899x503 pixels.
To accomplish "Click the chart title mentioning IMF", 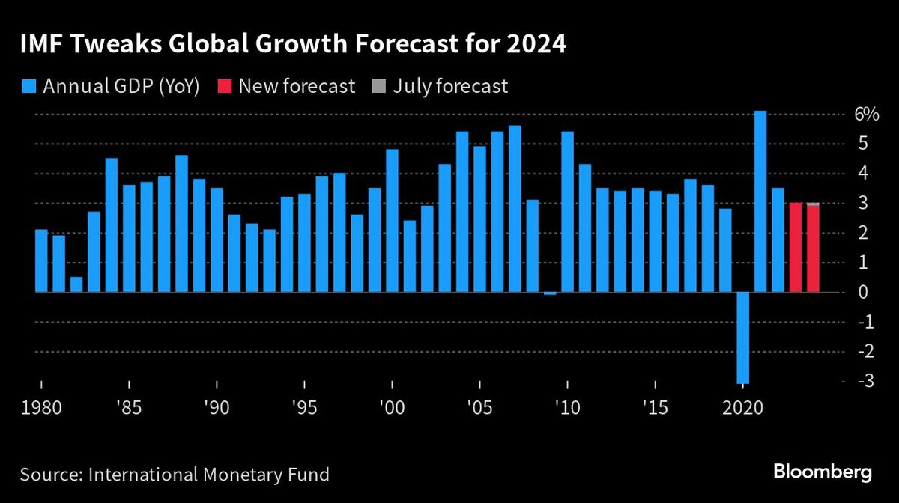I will [x=293, y=45].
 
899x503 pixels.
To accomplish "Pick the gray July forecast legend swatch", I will [x=378, y=86].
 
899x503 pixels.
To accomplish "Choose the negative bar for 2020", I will [x=742, y=338].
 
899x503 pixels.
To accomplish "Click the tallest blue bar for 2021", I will [x=760, y=201].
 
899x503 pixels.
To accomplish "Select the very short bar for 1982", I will [x=76, y=284].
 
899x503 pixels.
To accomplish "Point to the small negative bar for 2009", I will [x=550, y=293].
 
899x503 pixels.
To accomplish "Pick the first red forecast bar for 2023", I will [x=796, y=248].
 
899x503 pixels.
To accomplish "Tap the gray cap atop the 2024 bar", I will [x=813, y=204].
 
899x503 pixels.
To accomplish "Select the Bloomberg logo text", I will [x=822, y=473].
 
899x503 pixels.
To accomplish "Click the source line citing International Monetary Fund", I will [x=175, y=475].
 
